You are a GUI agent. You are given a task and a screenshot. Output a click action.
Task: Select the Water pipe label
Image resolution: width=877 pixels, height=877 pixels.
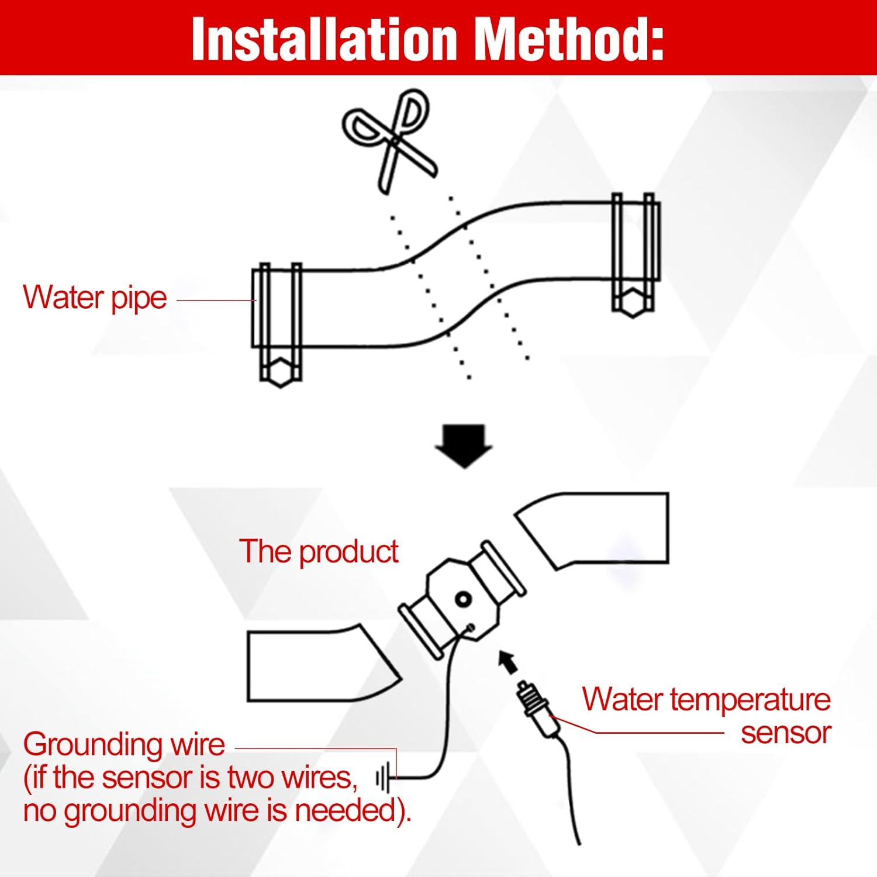(95, 298)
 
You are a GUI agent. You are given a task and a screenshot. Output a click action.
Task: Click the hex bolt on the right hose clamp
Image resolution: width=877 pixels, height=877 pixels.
(632, 302)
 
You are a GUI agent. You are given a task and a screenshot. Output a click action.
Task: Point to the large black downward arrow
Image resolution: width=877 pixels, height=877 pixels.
(464, 446)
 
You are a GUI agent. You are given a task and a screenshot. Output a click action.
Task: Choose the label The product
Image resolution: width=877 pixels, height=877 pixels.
(319, 552)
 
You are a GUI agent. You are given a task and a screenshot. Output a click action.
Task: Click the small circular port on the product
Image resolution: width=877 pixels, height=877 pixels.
(463, 599)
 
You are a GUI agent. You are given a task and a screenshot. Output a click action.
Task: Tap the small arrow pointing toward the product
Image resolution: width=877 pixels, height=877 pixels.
(508, 661)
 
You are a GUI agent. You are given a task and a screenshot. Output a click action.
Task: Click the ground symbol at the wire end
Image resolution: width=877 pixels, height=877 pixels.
(383, 779)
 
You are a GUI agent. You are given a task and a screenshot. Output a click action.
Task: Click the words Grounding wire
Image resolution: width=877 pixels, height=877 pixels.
(124, 745)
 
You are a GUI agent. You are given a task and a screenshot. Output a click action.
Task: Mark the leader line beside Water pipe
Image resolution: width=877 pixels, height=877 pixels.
(216, 301)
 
